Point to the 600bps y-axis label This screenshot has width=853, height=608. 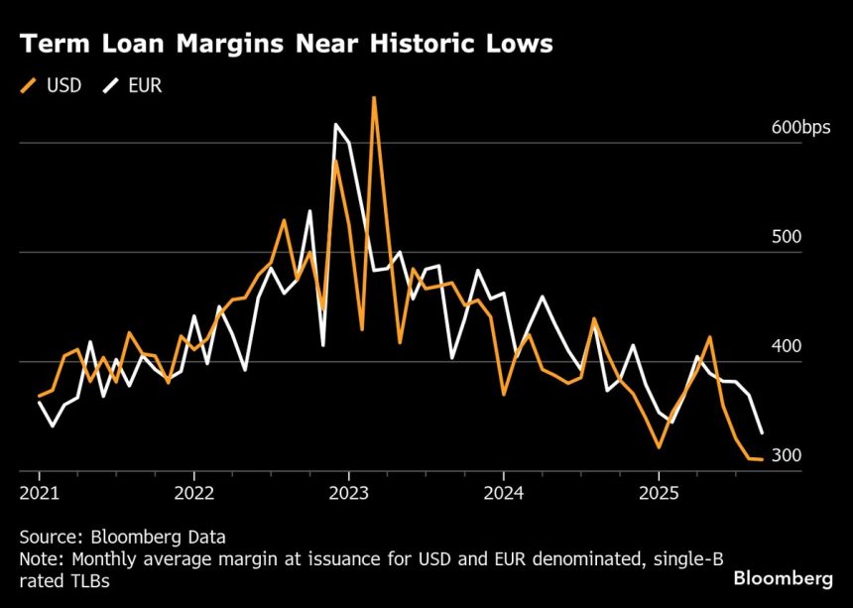[x=802, y=129]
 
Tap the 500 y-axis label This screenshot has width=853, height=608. [x=787, y=238]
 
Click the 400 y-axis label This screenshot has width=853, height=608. [x=787, y=347]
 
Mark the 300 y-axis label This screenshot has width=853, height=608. [x=787, y=455]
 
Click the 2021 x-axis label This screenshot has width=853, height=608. [x=40, y=492]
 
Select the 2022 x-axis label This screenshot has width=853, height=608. [x=194, y=492]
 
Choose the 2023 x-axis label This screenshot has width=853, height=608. [x=349, y=492]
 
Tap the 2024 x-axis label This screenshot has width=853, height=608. [x=504, y=492]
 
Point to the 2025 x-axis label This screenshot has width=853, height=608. [x=660, y=492]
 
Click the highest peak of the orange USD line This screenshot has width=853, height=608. [x=374, y=98]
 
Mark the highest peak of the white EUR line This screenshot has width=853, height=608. [x=335, y=125]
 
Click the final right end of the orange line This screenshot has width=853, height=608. [x=761, y=459]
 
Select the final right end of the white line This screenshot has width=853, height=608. [x=762, y=432]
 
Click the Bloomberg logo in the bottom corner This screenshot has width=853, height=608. [x=783, y=577]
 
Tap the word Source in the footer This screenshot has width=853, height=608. [x=46, y=538]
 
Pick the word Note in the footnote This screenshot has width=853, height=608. [x=38, y=559]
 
